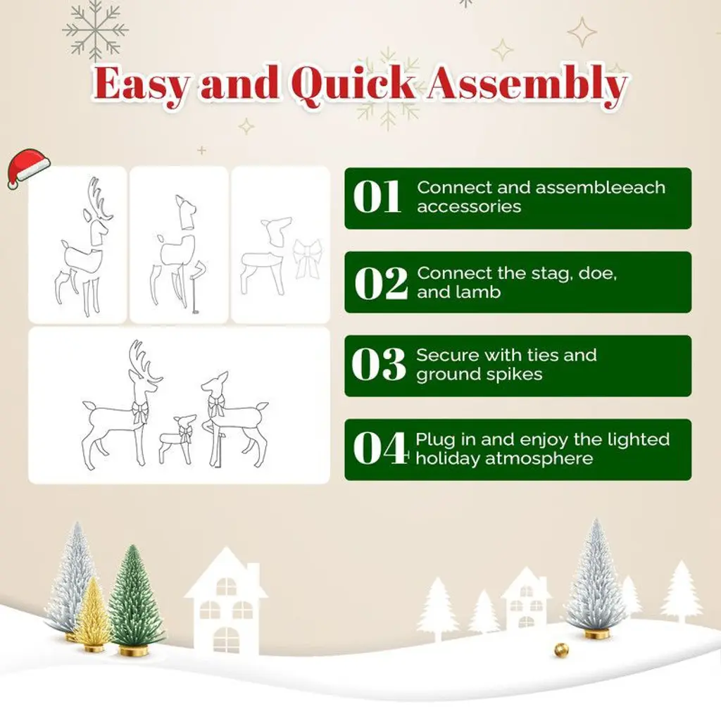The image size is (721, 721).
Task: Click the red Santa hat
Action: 27,168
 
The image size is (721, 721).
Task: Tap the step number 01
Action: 377,197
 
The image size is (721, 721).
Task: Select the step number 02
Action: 381,283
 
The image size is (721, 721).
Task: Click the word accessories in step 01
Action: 469,206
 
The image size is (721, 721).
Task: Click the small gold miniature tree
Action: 92,614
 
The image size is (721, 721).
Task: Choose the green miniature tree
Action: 134,600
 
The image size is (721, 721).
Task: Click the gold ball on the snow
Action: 561,650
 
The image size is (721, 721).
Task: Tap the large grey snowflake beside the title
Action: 95,30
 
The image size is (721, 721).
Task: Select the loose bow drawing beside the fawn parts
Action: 307,259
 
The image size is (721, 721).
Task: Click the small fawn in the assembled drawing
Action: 178,439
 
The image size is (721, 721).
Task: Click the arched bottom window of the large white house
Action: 226,639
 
